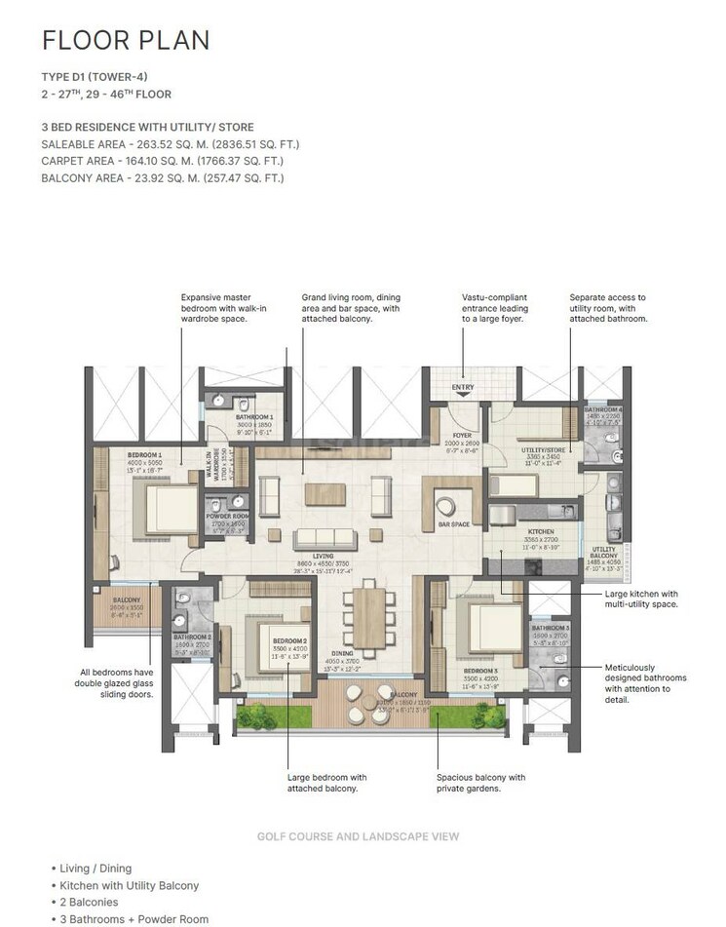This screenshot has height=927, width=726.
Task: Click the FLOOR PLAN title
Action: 125,40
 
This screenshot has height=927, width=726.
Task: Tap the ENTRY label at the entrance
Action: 463,389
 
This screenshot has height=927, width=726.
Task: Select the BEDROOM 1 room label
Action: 143,454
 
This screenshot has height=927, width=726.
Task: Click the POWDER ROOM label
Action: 226,518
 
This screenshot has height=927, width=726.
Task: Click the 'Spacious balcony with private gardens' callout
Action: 480,783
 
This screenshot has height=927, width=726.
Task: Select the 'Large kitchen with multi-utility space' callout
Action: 639,599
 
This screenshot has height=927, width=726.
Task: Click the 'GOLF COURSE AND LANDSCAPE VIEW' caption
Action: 358,836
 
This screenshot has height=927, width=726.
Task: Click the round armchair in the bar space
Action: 445,507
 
